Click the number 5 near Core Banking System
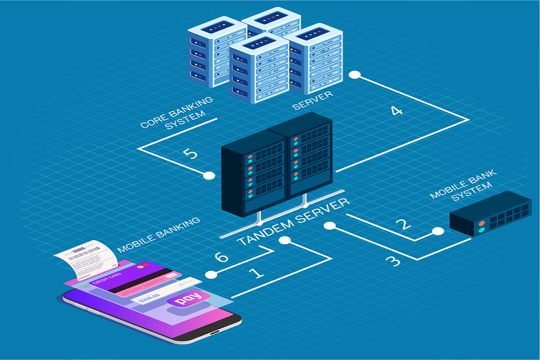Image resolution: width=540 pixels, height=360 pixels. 190,154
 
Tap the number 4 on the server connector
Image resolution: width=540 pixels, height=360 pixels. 396,110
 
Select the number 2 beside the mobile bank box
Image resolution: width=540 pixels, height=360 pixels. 403,224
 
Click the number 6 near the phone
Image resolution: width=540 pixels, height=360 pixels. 221,258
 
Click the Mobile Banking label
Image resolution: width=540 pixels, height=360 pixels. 158,235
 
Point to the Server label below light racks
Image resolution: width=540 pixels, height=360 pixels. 312,100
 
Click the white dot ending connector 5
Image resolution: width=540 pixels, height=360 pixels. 209,175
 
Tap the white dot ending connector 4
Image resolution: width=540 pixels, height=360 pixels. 355,75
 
